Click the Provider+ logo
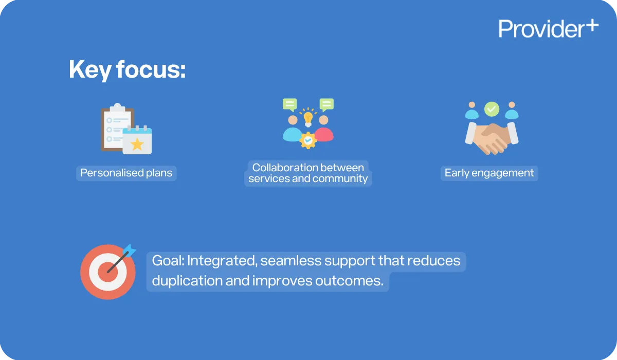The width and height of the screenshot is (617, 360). pyautogui.click(x=548, y=28)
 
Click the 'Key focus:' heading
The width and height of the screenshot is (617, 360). pyautogui.click(x=127, y=69)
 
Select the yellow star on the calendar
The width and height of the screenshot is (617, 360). pyautogui.click(x=137, y=144)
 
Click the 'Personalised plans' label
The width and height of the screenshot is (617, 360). pyautogui.click(x=126, y=173)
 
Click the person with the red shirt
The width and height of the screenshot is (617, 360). pyautogui.click(x=324, y=129)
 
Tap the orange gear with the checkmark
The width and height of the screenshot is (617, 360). pyautogui.click(x=308, y=140)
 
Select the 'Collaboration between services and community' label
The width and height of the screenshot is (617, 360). pyautogui.click(x=308, y=173)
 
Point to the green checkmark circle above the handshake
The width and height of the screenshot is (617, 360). pyautogui.click(x=492, y=109)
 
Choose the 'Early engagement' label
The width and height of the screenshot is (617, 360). pyautogui.click(x=489, y=173)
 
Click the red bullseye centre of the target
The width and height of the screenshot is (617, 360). pyautogui.click(x=108, y=272)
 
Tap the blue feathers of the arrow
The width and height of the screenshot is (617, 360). pyautogui.click(x=129, y=251)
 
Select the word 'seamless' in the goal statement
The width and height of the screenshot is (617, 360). pyautogui.click(x=291, y=261)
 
